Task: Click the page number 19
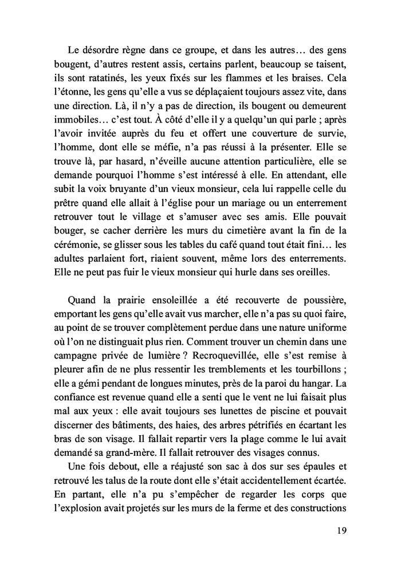(x=340, y=530)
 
